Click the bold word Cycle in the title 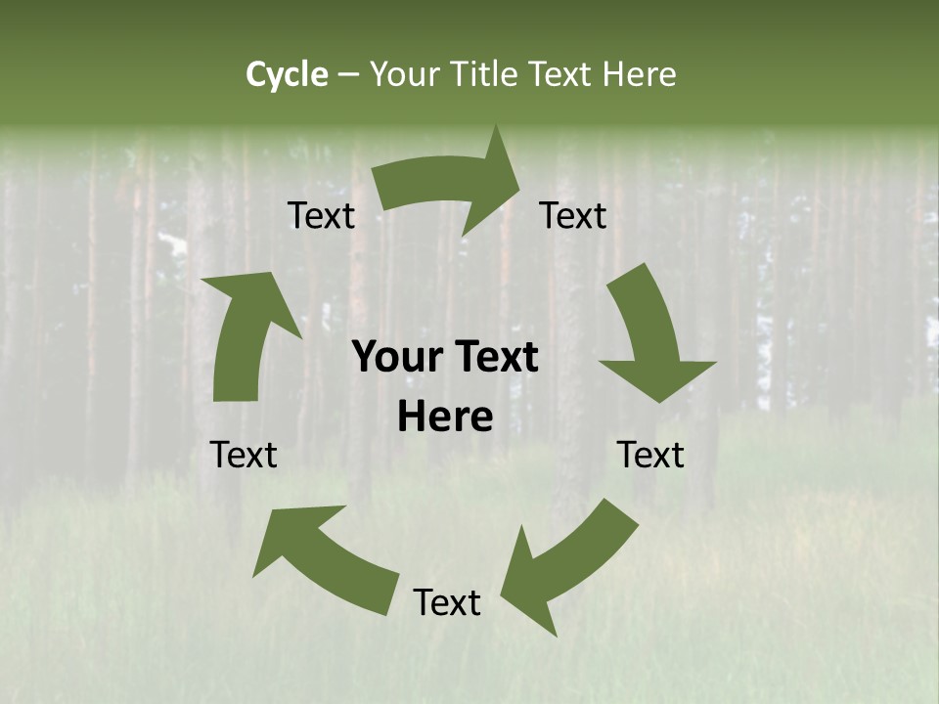click(287, 74)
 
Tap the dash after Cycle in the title click(348, 74)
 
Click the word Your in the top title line click(403, 74)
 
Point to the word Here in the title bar click(640, 74)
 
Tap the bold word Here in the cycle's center click(445, 418)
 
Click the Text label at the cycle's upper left click(321, 215)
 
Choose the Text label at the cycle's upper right click(573, 215)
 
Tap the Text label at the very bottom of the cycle click(447, 602)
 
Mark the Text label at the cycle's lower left click(244, 455)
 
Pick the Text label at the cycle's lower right click(650, 455)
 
